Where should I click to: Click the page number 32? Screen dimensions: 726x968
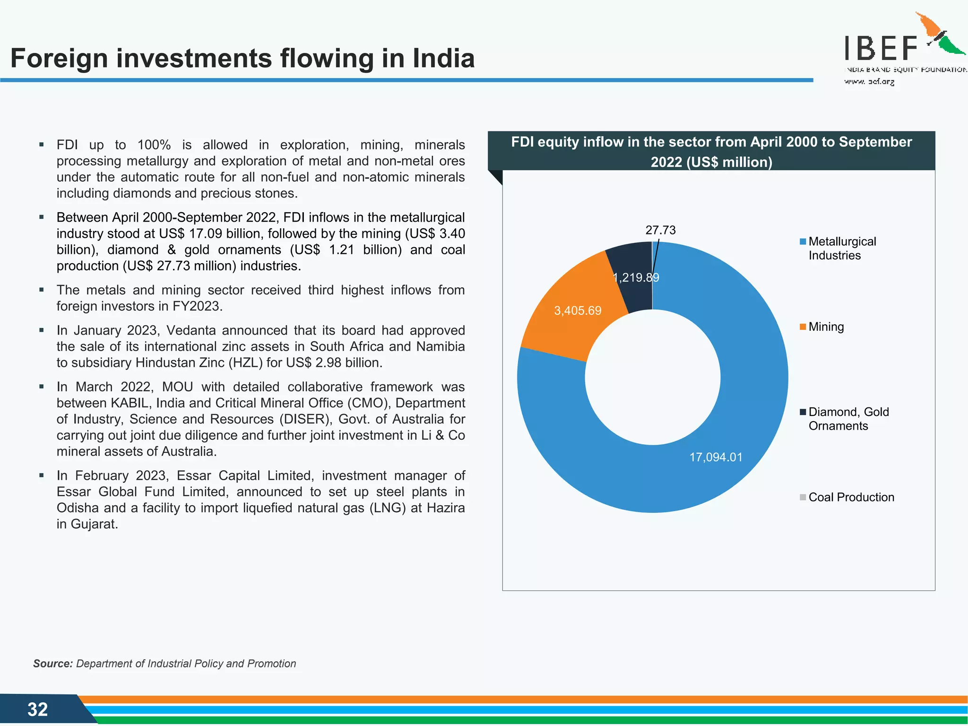[x=37, y=709]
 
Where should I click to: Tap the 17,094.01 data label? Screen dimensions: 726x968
[x=716, y=457]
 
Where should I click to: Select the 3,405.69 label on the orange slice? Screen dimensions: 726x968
[x=578, y=311]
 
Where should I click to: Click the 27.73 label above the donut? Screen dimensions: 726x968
[x=660, y=230]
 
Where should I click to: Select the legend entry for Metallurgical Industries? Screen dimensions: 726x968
[x=841, y=248]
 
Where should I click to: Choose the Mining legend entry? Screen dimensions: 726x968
[x=825, y=327]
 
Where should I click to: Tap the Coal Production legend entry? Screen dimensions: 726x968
[x=851, y=497]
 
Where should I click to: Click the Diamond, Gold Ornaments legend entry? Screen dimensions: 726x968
[x=848, y=419]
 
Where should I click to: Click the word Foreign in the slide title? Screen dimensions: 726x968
[x=59, y=58]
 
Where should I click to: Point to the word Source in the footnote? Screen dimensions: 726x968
[x=52, y=664]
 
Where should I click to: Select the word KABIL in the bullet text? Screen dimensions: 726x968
[x=130, y=403]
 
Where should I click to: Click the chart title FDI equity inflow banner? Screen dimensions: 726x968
[x=711, y=151]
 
